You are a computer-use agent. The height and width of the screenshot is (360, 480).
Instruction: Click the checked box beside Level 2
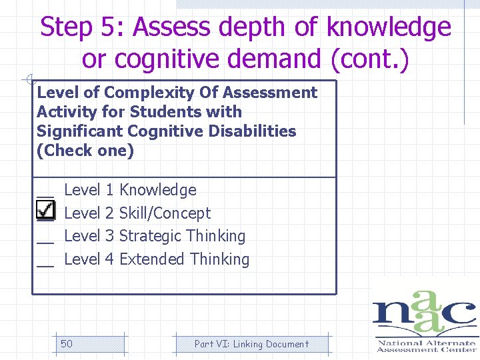tap(45, 211)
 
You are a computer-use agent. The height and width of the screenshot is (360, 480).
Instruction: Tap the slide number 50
tap(67, 344)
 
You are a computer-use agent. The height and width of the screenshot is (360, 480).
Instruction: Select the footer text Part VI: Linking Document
tap(251, 344)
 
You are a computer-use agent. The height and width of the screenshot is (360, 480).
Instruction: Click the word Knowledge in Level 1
tap(157, 190)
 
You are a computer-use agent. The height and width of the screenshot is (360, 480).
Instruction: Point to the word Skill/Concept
tap(164, 213)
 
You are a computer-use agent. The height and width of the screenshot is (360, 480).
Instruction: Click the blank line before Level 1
tap(45, 195)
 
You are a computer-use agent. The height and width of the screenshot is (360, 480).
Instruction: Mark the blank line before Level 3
tap(45, 240)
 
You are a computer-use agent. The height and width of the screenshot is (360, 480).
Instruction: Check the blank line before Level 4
tap(45, 263)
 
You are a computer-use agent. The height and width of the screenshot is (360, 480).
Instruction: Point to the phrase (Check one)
tap(85, 151)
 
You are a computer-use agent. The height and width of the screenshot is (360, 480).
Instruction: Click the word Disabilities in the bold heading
tap(254, 131)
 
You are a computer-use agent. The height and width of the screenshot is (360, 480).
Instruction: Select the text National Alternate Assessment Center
tap(426, 346)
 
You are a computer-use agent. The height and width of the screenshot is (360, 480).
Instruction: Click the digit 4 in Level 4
tap(109, 259)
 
